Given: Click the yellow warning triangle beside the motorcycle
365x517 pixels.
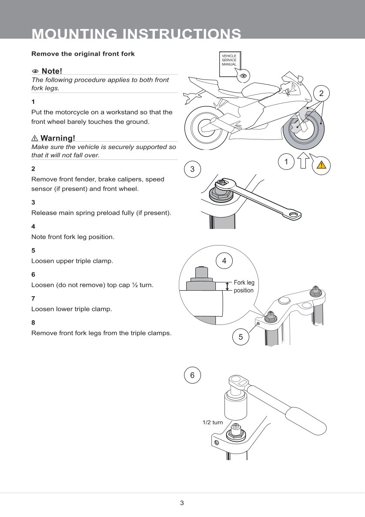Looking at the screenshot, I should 321,165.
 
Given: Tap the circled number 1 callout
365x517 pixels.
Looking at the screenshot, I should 286,162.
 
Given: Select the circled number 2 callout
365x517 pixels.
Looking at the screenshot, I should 321,93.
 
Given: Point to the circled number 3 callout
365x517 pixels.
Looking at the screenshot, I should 192,169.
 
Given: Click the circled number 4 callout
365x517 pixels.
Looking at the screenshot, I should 224,261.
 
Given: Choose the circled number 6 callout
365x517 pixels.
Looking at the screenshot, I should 192,375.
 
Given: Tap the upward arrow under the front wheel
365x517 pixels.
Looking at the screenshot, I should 304,162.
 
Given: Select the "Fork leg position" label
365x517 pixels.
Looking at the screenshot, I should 244,286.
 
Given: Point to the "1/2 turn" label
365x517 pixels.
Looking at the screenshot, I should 213,422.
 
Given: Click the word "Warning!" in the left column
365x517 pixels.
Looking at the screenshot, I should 57,138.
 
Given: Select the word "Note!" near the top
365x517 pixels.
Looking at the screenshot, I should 52,71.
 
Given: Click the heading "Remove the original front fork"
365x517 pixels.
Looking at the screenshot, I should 83,54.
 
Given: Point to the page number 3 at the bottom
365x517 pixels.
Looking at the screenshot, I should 182,503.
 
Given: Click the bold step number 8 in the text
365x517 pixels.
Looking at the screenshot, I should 33,323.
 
